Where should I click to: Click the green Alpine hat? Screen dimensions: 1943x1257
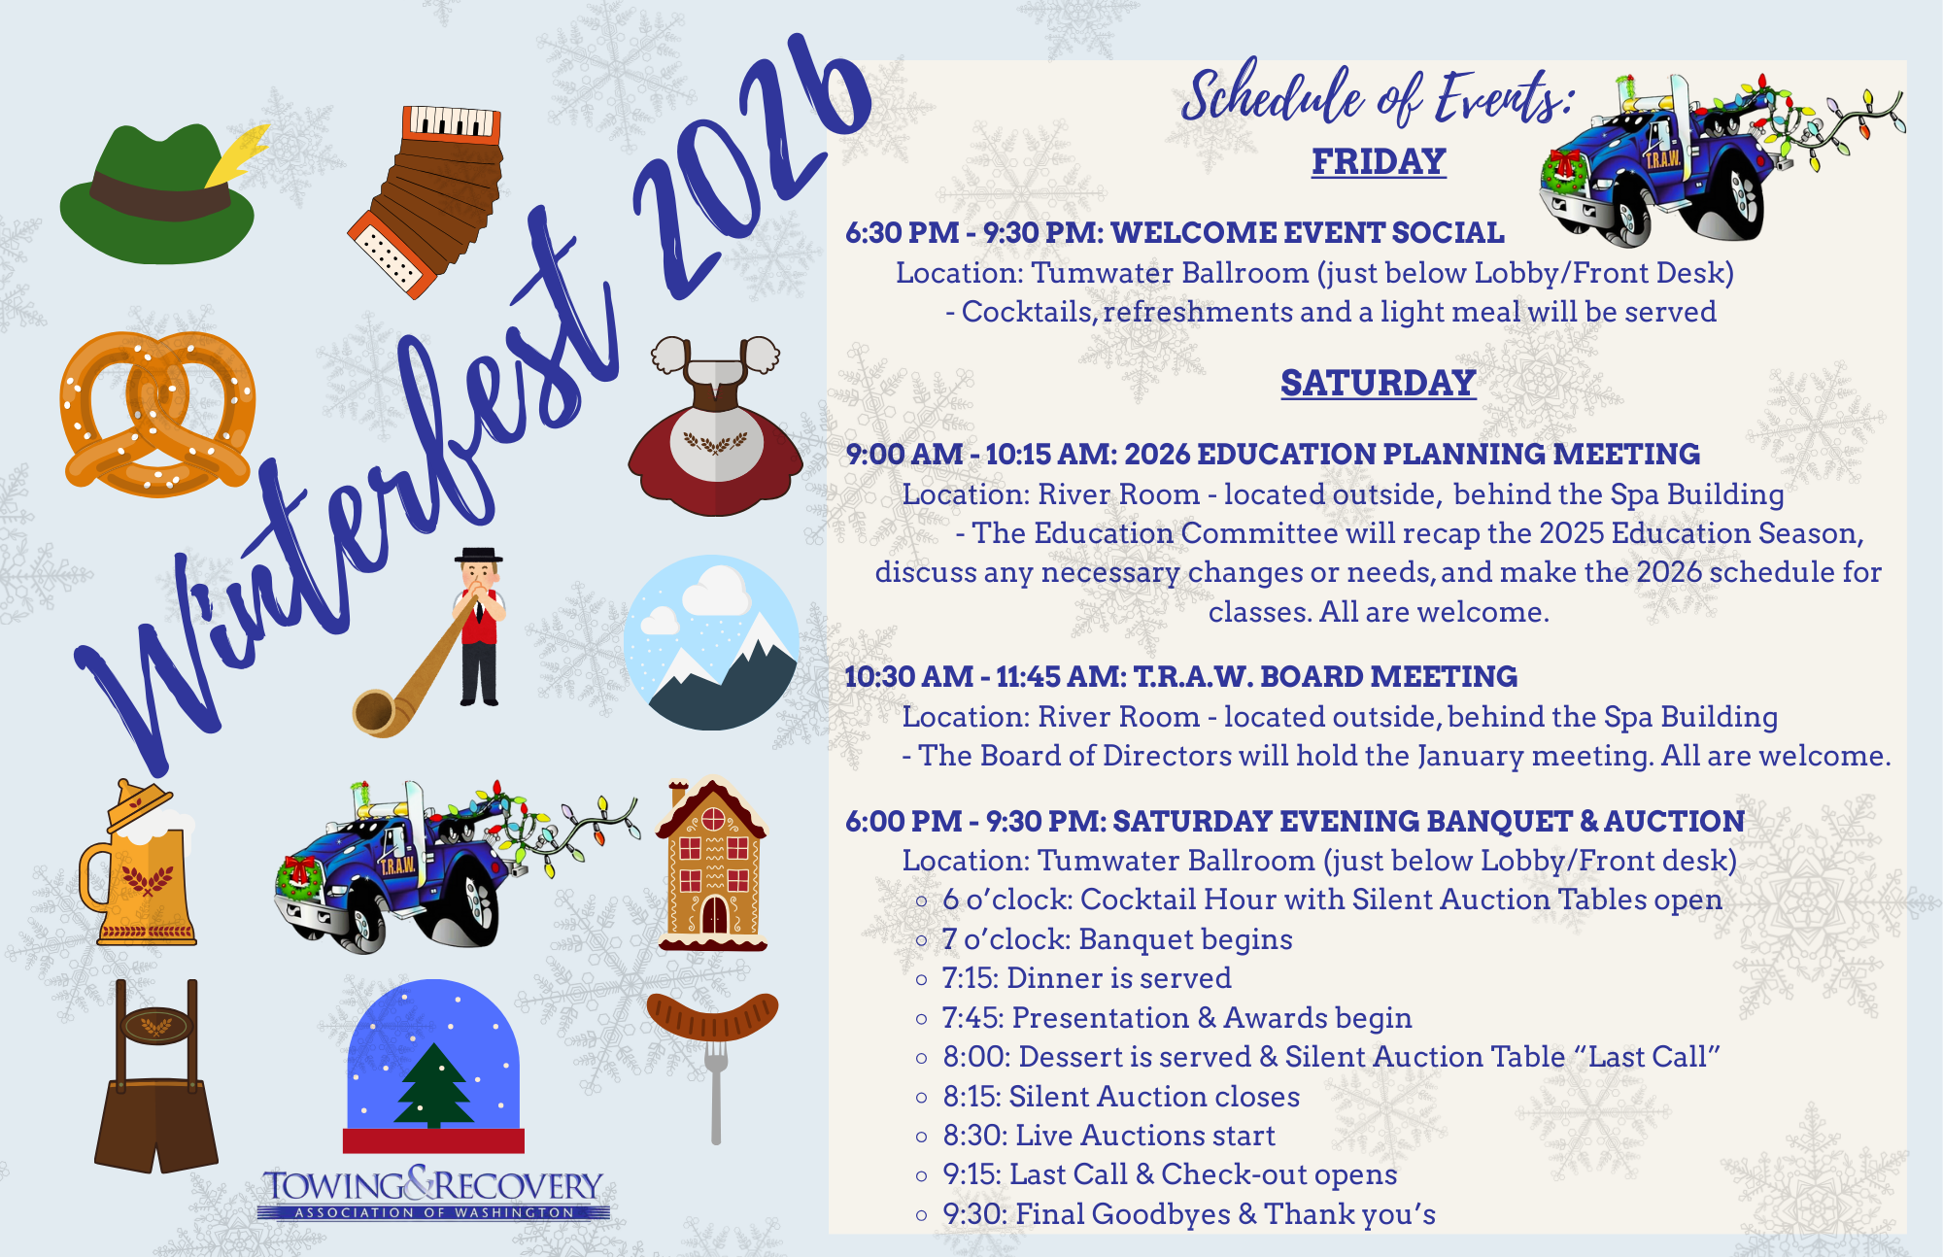155,199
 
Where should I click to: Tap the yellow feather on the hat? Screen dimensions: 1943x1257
238,155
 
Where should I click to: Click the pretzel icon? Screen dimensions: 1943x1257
157,414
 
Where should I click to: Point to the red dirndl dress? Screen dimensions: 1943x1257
716,427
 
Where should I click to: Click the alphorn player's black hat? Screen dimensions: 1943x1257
479,556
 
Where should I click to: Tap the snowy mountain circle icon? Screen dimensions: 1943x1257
712,643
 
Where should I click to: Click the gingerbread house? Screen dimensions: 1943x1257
713,864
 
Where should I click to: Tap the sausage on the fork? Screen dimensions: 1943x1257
713,1017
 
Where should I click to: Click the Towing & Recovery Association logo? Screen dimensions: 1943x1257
433,1192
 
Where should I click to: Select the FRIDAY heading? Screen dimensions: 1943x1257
1379,161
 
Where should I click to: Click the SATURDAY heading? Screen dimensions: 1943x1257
1379,383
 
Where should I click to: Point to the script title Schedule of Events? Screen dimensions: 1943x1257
1377,95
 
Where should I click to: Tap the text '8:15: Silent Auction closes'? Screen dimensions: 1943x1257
1121,1097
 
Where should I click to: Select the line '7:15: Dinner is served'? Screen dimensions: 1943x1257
1087,978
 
